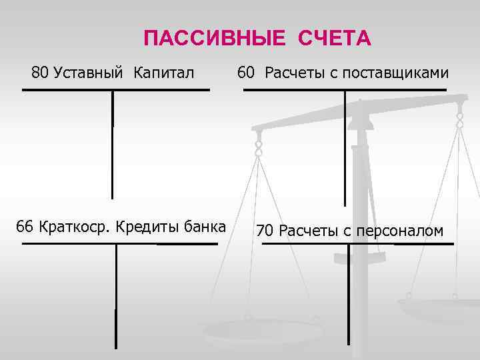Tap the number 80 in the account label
coord(40,72)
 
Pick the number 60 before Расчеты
coord(246,72)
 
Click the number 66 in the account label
coord(25,226)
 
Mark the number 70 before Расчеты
coord(265,231)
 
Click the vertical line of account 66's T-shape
coord(116,293)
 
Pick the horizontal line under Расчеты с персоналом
coord(357,243)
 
